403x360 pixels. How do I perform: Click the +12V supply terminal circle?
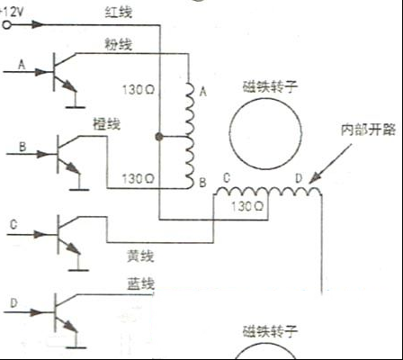6,25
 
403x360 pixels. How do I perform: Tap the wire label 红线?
119,13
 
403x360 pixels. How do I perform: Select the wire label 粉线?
119,44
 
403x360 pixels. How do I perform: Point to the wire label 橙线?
107,123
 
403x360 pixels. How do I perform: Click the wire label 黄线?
140,256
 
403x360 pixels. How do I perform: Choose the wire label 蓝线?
140,283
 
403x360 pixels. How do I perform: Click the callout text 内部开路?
368,130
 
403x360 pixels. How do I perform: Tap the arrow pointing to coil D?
330,164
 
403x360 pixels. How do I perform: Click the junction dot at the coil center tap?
159,137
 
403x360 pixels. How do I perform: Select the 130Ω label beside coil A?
139,90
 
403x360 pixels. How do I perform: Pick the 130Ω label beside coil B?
138,179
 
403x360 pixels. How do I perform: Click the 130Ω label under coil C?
247,206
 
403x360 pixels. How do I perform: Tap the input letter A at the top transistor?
22,65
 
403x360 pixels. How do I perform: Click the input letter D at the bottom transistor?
13,303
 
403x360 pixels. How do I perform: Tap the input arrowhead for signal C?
39,234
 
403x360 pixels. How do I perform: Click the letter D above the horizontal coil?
299,178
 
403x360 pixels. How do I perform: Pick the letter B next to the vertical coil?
202,183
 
